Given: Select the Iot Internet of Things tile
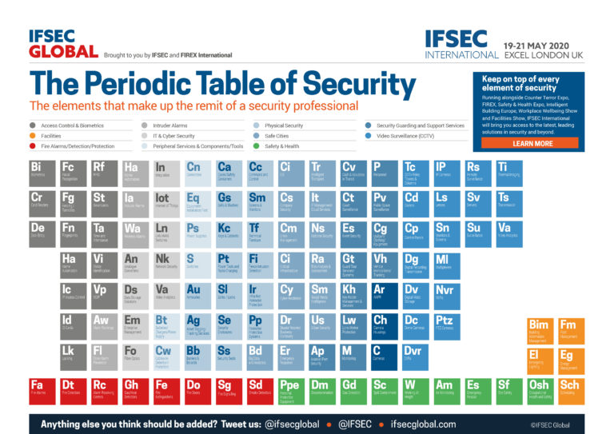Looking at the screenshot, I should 165,203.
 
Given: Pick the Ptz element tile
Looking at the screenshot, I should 449,325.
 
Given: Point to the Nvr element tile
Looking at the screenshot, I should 449,295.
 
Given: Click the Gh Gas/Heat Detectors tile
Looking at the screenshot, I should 134,391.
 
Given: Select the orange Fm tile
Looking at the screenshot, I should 571,330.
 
